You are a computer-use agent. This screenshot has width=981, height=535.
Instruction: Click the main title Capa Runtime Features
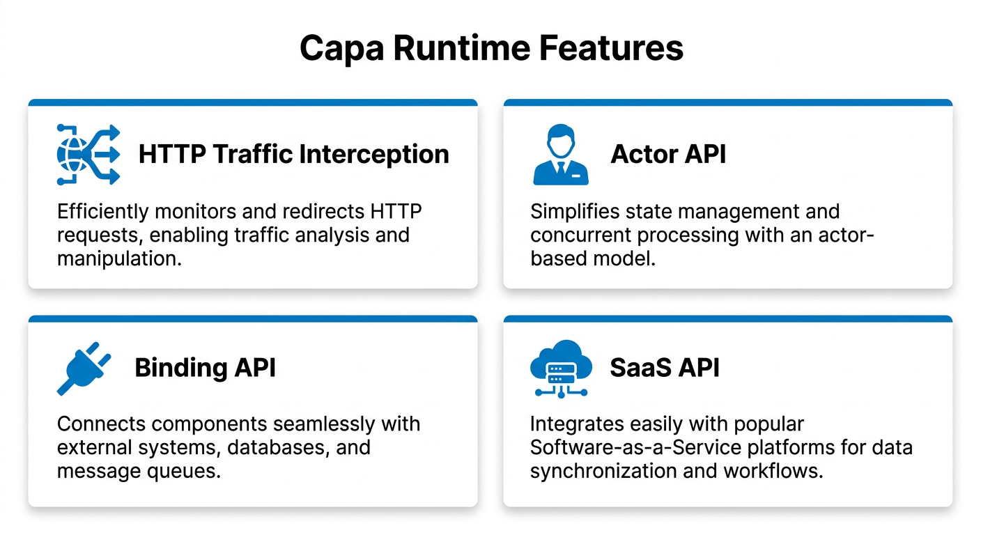490,48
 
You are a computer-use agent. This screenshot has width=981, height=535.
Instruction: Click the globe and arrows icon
88,155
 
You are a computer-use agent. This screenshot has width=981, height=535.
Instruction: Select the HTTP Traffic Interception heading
293,155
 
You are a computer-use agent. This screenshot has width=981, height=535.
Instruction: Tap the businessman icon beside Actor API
560,155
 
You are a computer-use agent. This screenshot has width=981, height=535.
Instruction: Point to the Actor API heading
667,155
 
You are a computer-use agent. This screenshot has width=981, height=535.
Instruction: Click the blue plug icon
84,368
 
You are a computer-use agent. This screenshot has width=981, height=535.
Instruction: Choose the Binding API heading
205,368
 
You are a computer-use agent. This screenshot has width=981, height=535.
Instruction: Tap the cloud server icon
560,368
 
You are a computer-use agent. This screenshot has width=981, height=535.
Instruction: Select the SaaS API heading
664,368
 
